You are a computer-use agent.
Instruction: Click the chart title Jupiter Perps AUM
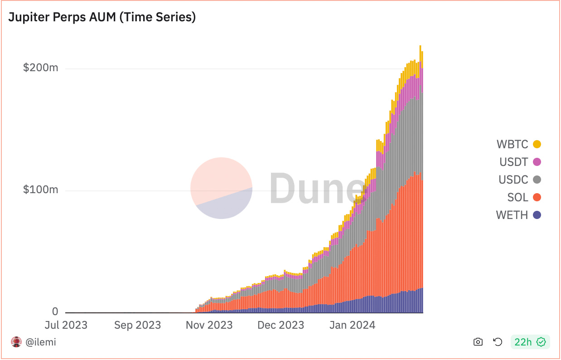point(102,17)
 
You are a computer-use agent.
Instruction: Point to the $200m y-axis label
point(41,68)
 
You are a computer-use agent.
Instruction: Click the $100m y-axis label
point(41,190)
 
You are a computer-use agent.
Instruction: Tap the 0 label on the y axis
point(55,311)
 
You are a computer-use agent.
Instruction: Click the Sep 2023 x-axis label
point(137,325)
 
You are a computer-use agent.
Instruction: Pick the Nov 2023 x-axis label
point(209,325)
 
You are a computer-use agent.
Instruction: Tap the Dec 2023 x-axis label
point(281,325)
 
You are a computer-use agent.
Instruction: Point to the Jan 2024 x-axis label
point(352,325)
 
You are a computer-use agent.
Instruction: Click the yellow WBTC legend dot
point(537,145)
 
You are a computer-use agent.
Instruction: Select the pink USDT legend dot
point(537,162)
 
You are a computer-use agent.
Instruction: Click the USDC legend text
point(513,180)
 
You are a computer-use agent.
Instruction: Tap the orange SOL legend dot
point(537,197)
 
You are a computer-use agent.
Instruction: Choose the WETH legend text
point(512,215)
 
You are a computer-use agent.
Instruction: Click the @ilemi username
point(40,342)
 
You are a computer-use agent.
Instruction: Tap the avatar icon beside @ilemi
point(16,342)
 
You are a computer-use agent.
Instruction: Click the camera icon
point(478,342)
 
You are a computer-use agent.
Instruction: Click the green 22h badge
point(530,342)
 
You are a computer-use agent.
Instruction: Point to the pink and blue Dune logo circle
point(221,188)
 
